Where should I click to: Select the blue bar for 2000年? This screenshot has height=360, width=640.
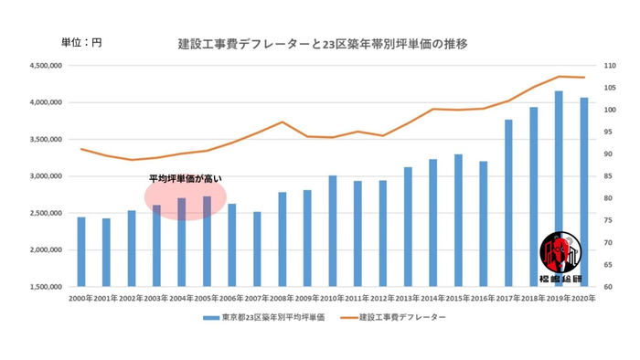click(x=80, y=251)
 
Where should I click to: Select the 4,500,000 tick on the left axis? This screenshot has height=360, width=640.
click(x=45, y=66)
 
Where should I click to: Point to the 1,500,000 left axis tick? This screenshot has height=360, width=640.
click(x=45, y=287)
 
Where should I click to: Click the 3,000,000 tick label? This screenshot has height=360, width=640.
click(x=45, y=176)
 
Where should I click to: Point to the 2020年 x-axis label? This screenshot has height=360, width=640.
click(x=583, y=298)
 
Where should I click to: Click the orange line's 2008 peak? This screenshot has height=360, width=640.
click(x=283, y=122)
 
